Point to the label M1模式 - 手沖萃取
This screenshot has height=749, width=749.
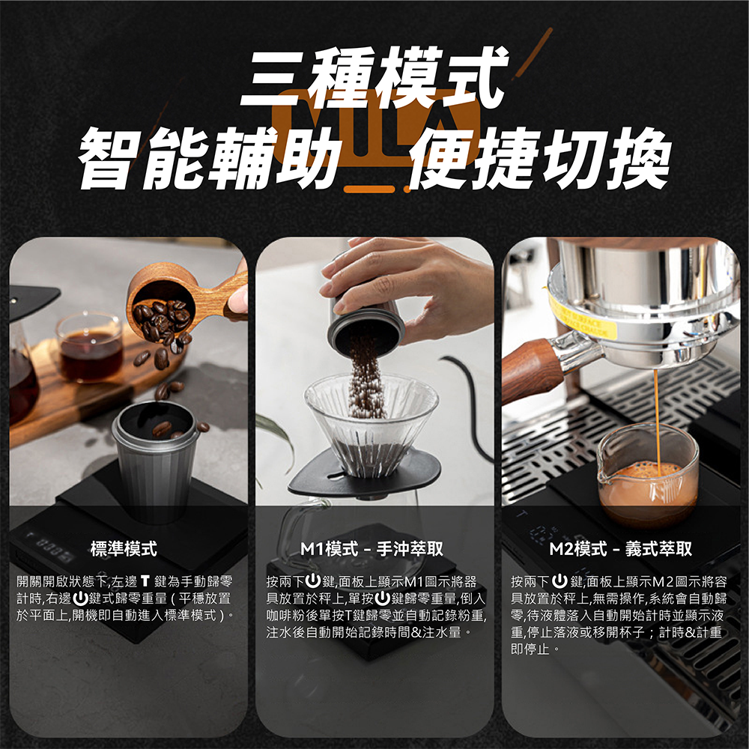click(372, 550)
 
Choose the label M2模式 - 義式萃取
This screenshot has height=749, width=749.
click(620, 550)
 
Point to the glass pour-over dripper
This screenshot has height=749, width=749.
click(372, 423)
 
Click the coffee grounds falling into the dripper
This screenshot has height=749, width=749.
click(367, 382)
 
